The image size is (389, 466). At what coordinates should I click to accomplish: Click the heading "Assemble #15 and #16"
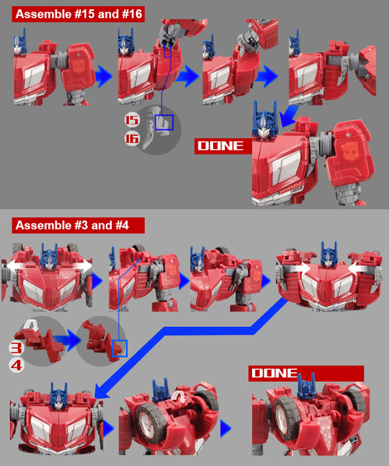click(79, 14)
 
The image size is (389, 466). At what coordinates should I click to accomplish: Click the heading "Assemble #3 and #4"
click(72, 225)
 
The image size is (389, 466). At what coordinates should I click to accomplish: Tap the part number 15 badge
click(131, 120)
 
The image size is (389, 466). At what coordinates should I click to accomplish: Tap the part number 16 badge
click(131, 138)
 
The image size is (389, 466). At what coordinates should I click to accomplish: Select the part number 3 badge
click(16, 348)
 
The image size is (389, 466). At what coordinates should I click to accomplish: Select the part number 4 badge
click(16, 365)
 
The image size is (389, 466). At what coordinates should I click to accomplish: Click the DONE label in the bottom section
click(274, 374)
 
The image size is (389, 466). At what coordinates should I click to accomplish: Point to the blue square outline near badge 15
click(164, 123)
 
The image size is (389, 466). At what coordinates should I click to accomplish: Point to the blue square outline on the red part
click(120, 348)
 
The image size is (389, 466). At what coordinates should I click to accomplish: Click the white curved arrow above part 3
click(31, 324)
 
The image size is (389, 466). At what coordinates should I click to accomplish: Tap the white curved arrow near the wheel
click(179, 397)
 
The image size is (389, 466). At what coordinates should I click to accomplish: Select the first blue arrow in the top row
click(103, 76)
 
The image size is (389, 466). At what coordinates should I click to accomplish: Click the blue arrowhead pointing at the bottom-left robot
click(101, 391)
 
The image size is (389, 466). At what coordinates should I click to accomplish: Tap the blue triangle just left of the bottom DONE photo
click(226, 429)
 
